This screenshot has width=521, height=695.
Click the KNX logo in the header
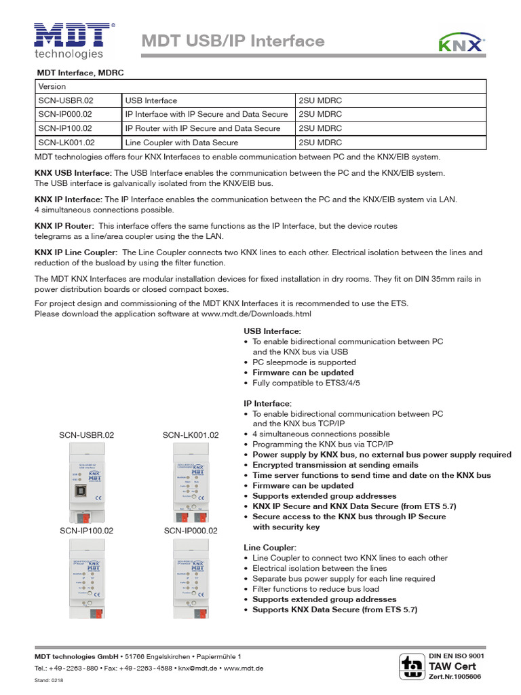[x=461, y=43]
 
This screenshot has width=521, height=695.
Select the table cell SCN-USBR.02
[x=66, y=100]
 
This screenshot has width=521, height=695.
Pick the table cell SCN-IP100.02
[x=66, y=128]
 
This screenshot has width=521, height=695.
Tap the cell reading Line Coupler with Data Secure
[x=182, y=143]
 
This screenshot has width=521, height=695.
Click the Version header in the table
[x=52, y=87]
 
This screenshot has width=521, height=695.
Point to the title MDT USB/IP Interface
[x=233, y=41]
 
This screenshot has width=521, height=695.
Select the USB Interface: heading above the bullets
[x=272, y=331]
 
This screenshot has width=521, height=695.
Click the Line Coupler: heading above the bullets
[x=269, y=548]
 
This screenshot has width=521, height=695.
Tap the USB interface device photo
[x=85, y=478]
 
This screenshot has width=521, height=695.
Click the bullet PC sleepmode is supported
[x=304, y=362]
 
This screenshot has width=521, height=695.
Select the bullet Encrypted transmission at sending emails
[x=335, y=465]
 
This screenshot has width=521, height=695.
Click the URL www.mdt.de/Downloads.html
[x=256, y=314]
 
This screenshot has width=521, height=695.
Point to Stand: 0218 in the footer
[x=49, y=681]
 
